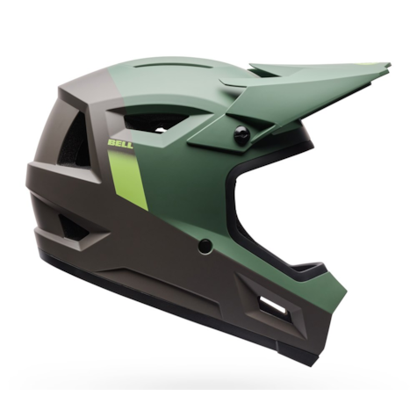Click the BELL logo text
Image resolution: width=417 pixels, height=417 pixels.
tap(120, 143)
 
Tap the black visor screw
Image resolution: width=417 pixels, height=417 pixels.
tap(242, 134)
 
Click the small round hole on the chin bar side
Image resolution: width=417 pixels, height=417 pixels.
tap(205, 246)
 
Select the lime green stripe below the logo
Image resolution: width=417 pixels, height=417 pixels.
tap(128, 179)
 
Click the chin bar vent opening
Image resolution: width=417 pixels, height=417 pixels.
tap(272, 306)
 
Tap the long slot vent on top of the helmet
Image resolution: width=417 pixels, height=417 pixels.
tap(164, 66)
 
